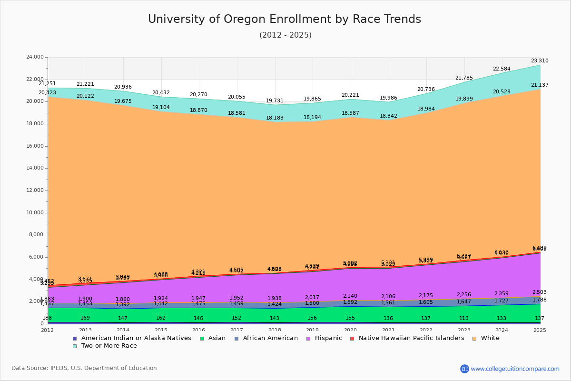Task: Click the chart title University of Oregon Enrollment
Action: (x=285, y=20)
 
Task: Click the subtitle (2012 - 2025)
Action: (x=285, y=35)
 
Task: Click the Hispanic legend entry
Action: (x=325, y=338)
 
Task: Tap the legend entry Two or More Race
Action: (x=109, y=346)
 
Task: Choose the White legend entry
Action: (x=490, y=338)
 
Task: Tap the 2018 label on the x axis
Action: (x=275, y=330)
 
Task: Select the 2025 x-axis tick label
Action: (x=540, y=330)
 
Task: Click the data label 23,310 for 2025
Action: (x=540, y=61)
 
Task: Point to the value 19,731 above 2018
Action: (x=275, y=101)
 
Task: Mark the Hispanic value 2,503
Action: (x=540, y=292)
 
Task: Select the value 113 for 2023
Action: (x=464, y=319)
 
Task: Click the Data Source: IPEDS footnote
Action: (x=84, y=368)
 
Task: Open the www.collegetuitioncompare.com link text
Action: (x=515, y=369)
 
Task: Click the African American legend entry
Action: (x=270, y=338)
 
